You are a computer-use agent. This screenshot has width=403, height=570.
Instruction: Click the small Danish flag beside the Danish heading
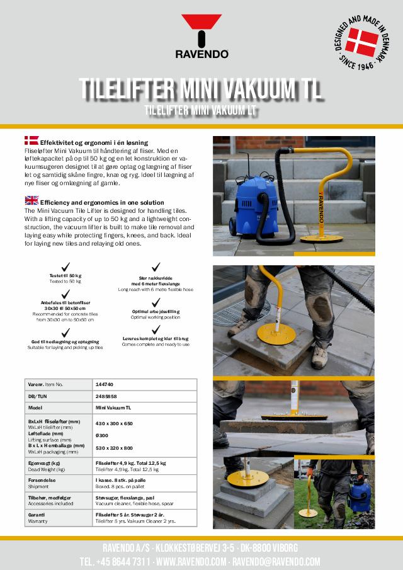pos(31,141)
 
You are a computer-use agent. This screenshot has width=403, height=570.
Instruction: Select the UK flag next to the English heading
pos(31,200)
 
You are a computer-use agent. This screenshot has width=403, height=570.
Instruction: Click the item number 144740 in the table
pos(106,384)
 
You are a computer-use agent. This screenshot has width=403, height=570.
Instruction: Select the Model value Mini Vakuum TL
pos(113,408)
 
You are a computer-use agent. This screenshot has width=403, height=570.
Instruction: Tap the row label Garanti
pos(37,514)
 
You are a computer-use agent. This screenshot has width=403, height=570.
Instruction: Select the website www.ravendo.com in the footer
pos(191,561)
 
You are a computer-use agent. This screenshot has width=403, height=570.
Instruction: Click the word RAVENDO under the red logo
pos(201,55)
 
